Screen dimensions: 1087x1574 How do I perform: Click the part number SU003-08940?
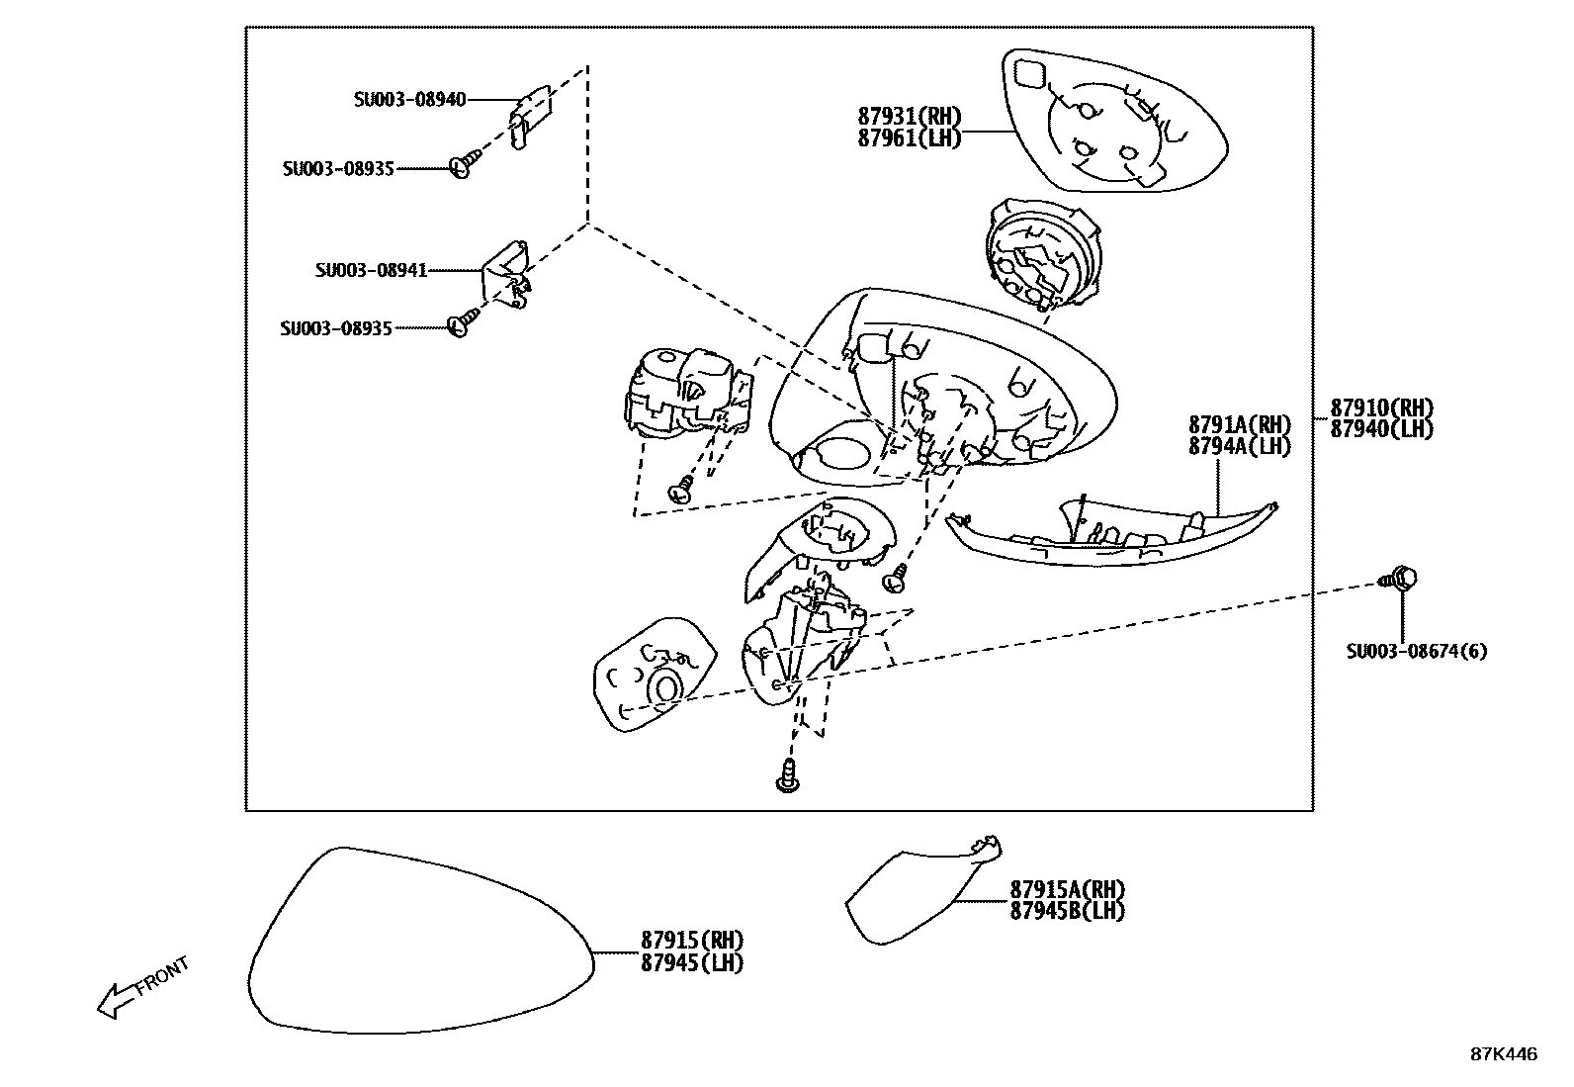(409, 100)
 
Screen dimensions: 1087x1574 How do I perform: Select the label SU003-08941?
(372, 270)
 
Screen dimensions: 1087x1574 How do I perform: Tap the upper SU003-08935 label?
(338, 169)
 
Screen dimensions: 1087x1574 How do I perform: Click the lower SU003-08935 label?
(336, 328)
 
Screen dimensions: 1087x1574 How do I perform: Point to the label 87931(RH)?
(910, 117)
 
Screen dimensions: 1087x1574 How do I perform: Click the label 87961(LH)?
(910, 138)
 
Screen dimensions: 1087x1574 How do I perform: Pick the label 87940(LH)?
(1381, 429)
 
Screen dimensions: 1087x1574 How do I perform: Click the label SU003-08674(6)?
(1416, 651)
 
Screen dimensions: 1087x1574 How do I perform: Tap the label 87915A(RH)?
(1068, 890)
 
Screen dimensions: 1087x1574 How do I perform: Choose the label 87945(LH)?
(692, 962)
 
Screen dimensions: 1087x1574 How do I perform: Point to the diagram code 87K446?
(1503, 1055)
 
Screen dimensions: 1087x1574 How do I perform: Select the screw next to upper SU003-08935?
(464, 164)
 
